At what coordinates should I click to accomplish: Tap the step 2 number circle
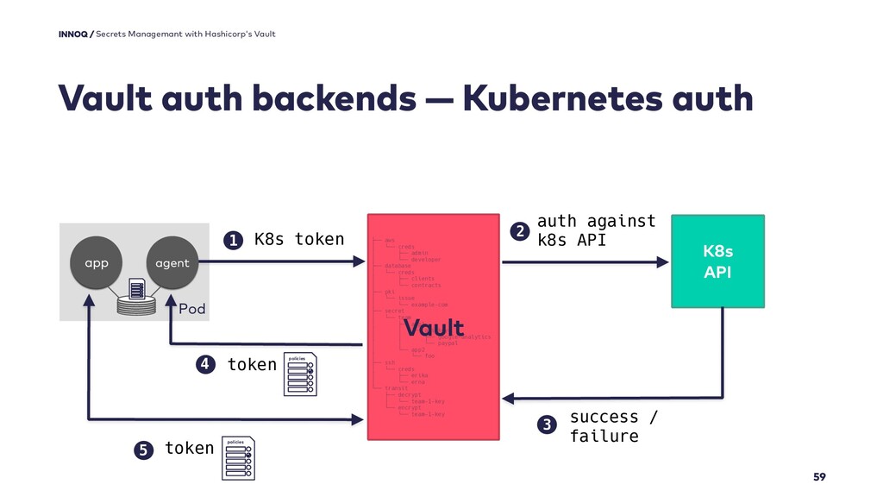(519, 230)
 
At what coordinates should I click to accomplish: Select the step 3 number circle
(544, 425)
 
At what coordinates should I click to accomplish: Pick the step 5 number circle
(142, 449)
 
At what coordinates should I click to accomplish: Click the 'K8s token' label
(298, 239)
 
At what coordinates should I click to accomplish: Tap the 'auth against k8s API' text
(596, 230)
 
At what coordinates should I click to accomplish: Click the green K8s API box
(717, 261)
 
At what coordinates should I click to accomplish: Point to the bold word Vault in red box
(434, 329)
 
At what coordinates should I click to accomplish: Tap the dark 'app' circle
(96, 263)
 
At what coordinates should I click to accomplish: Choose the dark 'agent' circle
(172, 263)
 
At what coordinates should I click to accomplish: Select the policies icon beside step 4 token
(301, 374)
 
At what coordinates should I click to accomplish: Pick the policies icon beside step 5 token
(237, 458)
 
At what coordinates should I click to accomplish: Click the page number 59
(818, 477)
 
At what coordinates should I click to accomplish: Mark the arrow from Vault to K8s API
(586, 260)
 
